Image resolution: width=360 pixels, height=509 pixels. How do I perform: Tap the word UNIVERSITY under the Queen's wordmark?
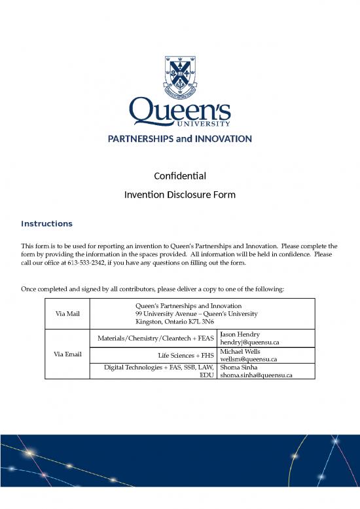pyautogui.click(x=206, y=123)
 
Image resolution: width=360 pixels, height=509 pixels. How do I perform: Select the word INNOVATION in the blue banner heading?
pyautogui.click(x=220, y=139)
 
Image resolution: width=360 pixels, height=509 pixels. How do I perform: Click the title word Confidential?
pyautogui.click(x=180, y=176)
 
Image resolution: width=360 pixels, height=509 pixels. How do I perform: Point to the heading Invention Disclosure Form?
pyautogui.click(x=180, y=195)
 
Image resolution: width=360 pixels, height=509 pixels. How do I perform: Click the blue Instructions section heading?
pyautogui.click(x=46, y=224)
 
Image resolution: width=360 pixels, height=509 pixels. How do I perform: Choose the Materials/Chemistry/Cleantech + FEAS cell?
pyautogui.click(x=155, y=338)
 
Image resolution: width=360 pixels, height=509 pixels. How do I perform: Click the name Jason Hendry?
pyautogui.click(x=240, y=334)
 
